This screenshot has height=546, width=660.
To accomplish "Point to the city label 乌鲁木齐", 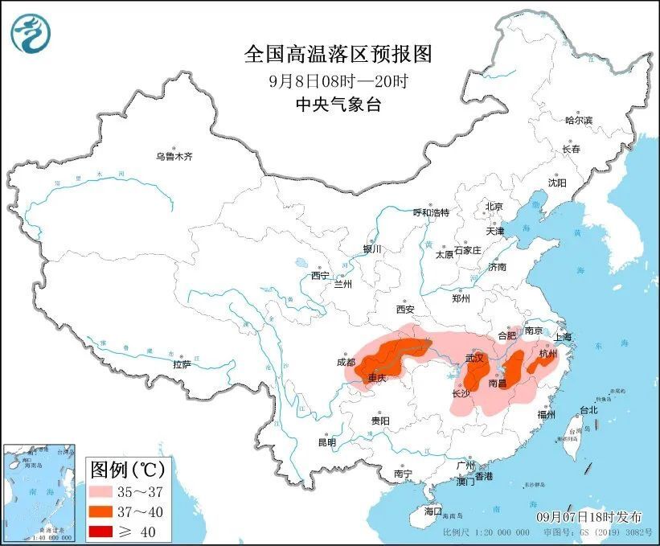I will tap(174, 157).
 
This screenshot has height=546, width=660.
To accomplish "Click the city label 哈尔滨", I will tap(577, 121).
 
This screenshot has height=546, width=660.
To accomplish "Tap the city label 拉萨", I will tap(182, 364).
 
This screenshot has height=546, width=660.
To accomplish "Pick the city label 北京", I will tap(494, 207).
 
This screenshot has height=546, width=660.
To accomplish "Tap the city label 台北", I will tap(588, 410).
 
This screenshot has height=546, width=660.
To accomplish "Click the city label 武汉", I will tap(475, 358).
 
